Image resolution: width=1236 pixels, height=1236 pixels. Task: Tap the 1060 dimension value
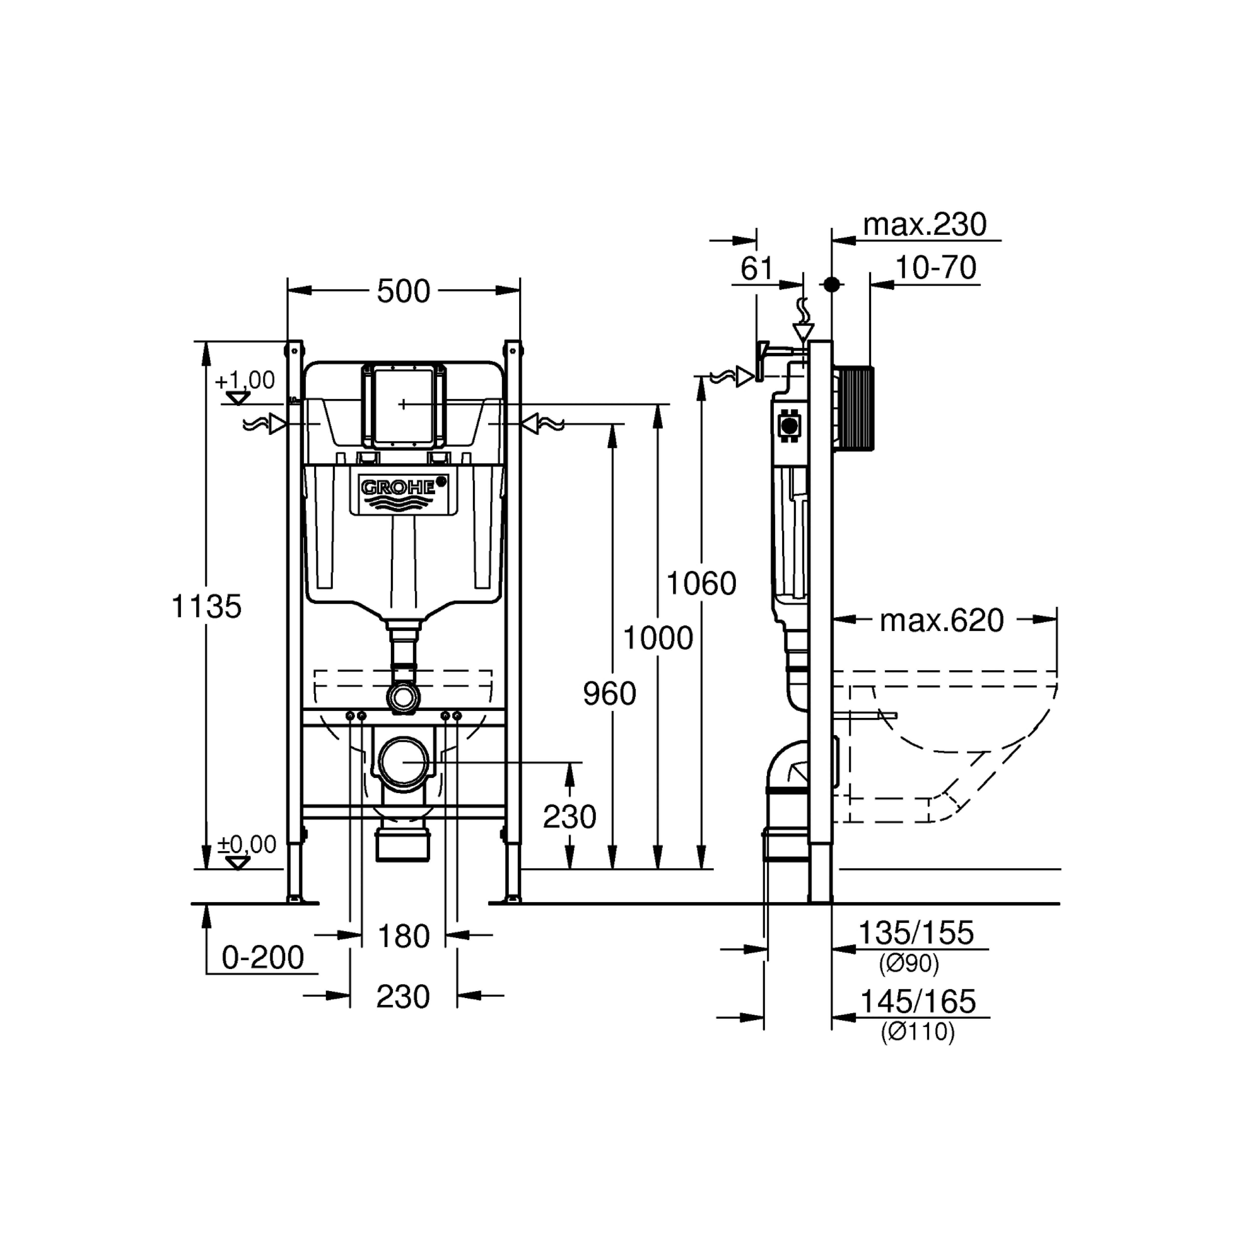click(x=701, y=583)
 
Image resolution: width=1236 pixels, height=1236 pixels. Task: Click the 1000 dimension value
click(x=658, y=638)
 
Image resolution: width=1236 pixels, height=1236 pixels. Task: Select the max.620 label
click(x=942, y=620)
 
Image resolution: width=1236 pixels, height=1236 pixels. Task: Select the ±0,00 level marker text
click(x=247, y=844)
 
